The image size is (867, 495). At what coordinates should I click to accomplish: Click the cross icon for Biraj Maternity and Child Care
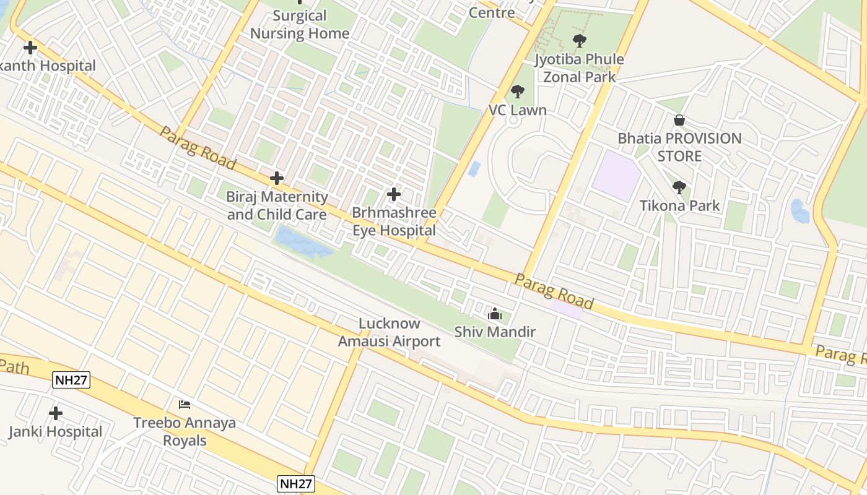tap(277, 179)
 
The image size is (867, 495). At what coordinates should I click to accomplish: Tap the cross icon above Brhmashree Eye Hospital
tap(393, 194)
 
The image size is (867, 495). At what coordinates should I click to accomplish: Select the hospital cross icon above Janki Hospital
tap(56, 413)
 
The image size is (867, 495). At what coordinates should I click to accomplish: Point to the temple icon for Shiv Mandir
tap(494, 314)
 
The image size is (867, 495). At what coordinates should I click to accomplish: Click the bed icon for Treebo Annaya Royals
tap(185, 405)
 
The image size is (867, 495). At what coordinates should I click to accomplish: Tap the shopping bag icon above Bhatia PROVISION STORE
tap(679, 120)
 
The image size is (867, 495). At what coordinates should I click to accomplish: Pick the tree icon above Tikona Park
tap(679, 187)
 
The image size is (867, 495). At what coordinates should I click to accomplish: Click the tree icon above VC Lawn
tap(517, 92)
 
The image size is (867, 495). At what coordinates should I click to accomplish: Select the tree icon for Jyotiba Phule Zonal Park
tap(579, 41)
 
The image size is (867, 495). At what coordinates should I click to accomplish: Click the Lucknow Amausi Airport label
tap(389, 332)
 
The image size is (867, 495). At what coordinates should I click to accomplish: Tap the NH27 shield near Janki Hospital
tap(71, 380)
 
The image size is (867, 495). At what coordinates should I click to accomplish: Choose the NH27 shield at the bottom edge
tap(296, 484)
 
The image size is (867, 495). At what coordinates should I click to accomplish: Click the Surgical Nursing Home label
tap(300, 25)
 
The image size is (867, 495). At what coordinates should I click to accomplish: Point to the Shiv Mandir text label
tap(495, 332)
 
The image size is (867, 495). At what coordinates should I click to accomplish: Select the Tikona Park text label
tap(679, 205)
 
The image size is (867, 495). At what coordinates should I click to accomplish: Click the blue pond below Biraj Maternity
tap(302, 243)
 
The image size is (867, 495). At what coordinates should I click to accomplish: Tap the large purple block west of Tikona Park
tap(616, 175)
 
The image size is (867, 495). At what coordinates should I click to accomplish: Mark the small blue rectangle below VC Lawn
tap(474, 169)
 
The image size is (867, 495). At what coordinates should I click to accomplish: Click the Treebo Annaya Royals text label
tap(185, 432)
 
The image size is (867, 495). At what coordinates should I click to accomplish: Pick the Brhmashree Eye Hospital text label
tap(394, 222)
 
